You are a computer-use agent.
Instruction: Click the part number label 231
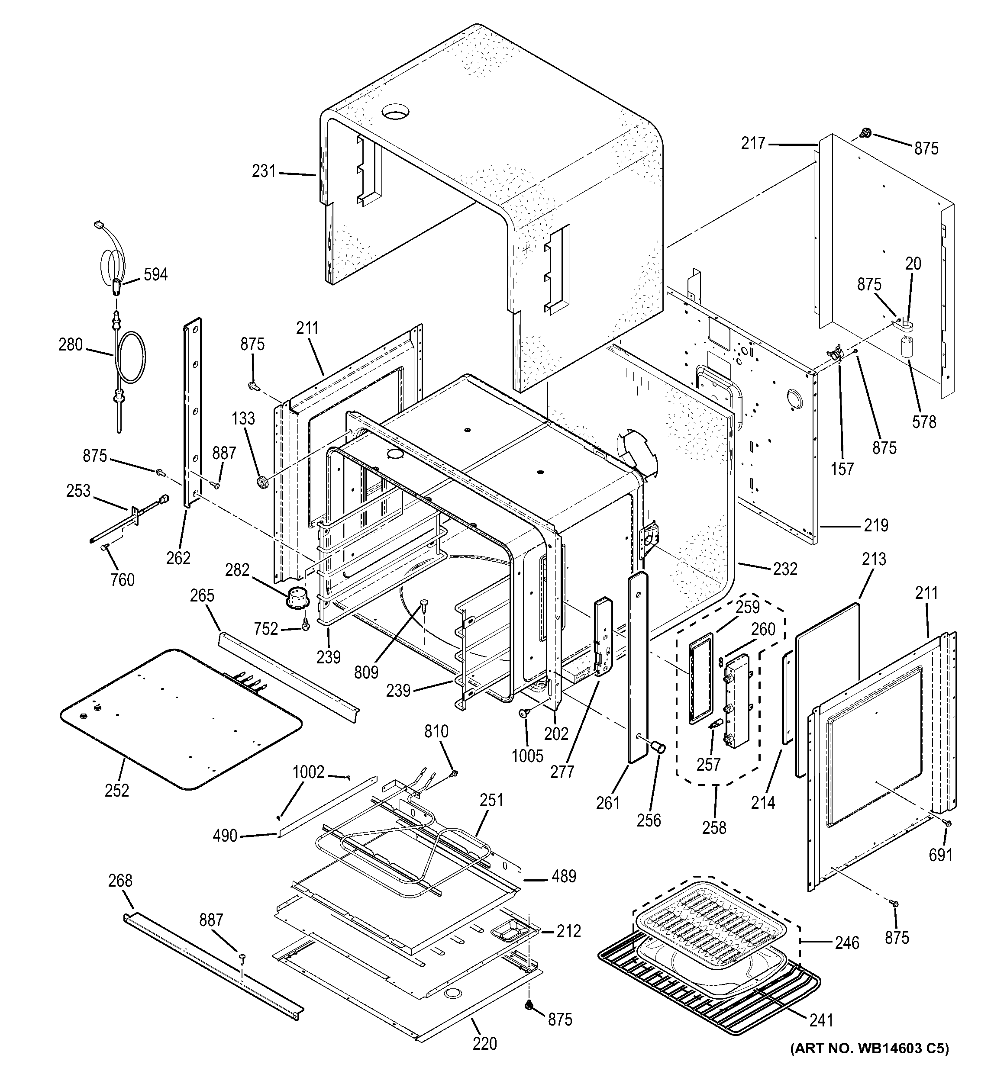coord(264,171)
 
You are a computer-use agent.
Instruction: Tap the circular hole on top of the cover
coord(396,112)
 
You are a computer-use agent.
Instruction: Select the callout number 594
coord(155,275)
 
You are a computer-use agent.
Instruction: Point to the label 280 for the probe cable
coord(71,344)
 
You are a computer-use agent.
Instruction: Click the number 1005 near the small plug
coord(527,756)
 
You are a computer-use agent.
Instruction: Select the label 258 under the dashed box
coord(714,827)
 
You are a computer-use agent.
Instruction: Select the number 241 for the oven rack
coord(821,1020)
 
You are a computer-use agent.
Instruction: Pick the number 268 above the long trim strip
coord(119,880)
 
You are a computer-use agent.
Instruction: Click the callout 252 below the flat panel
coord(117,790)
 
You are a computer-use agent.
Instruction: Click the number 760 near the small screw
coord(123,580)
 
